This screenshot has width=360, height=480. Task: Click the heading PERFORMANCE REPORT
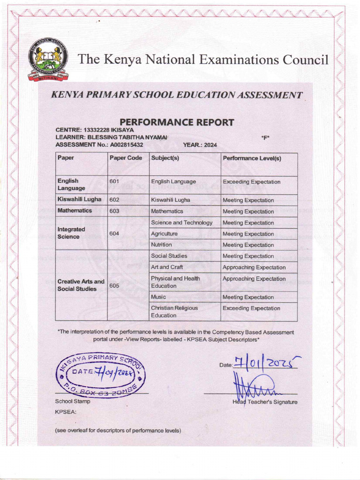(x=177, y=122)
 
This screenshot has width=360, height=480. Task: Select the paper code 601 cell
(x=114, y=181)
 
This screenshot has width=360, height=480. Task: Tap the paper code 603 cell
(x=114, y=211)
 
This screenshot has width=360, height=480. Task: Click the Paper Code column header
(x=126, y=158)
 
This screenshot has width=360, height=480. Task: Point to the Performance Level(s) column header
(x=252, y=158)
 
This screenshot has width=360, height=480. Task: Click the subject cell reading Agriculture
(x=164, y=233)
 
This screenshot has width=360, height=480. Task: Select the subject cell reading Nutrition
(x=161, y=245)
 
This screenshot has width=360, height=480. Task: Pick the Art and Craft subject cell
(x=167, y=267)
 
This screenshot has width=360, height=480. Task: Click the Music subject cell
(x=158, y=297)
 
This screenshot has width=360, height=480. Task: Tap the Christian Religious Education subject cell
(x=174, y=312)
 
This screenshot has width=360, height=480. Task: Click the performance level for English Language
(x=251, y=182)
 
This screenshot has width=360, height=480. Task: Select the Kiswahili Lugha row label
(x=79, y=199)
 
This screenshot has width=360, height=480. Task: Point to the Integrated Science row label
(x=71, y=233)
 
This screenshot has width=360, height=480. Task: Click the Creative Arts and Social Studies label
(x=80, y=285)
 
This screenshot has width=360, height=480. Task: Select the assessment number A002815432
(x=126, y=145)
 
